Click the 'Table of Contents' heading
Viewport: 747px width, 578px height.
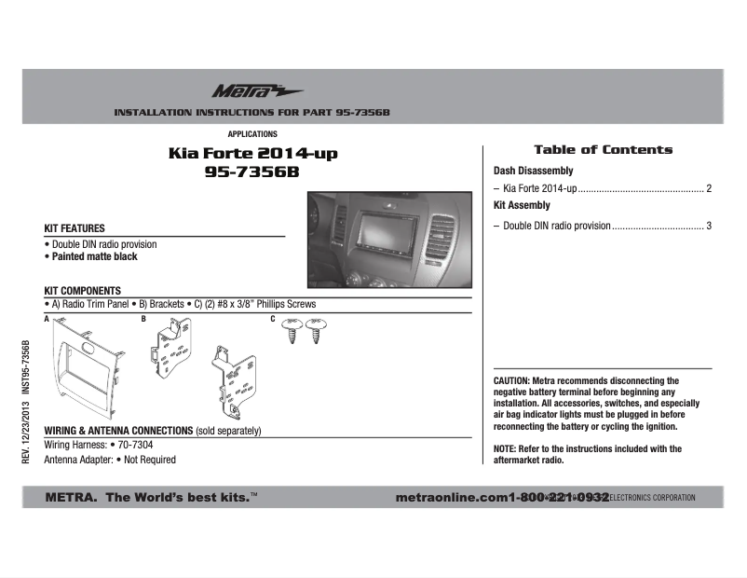coord(603,150)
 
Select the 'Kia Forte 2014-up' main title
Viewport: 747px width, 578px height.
coord(252,154)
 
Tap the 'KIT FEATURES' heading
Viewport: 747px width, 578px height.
coord(75,228)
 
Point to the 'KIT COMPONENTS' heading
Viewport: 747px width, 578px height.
coord(83,291)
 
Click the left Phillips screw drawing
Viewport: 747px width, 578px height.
coord(292,331)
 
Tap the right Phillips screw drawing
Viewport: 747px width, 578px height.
coord(318,331)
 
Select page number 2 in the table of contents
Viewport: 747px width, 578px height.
coord(709,189)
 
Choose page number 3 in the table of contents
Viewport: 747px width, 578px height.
coord(709,226)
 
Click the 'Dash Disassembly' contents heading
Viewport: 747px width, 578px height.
coord(533,172)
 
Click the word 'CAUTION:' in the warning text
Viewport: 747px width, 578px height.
coord(511,381)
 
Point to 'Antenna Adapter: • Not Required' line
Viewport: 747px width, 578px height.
coord(110,460)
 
